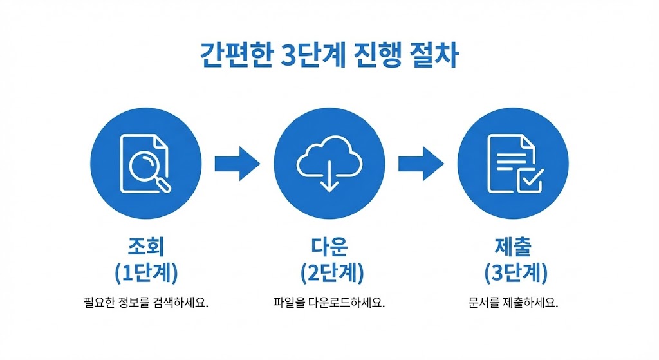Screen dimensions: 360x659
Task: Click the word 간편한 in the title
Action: pyautogui.click(x=234, y=56)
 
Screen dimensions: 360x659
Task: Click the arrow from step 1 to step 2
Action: pyautogui.click(x=236, y=163)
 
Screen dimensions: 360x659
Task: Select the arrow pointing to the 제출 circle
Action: pyautogui.click(x=420, y=163)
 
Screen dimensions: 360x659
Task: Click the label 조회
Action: pyautogui.click(x=145, y=247)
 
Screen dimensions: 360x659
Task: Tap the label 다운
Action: pyautogui.click(x=329, y=247)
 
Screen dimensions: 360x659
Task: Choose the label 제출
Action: pyautogui.click(x=513, y=247)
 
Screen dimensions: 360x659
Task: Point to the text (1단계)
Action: pyautogui.click(x=145, y=273)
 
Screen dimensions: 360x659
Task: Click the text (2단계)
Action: pyautogui.click(x=329, y=273)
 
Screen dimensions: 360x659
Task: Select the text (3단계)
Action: pyautogui.click(x=513, y=273)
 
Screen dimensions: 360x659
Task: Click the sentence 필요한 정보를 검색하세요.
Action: pyautogui.click(x=145, y=302)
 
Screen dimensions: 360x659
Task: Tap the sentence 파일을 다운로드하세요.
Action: pyautogui.click(x=329, y=302)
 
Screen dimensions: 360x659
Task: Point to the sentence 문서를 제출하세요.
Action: pyautogui.click(x=513, y=302)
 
